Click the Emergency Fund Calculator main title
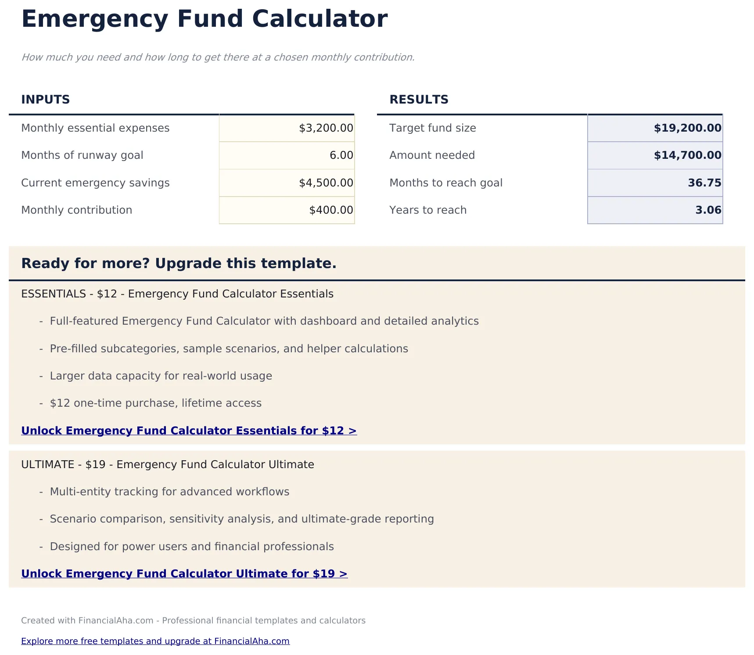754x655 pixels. pyautogui.click(x=204, y=19)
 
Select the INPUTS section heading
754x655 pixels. pyautogui.click(x=46, y=100)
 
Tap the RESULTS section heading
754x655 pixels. pyautogui.click(x=419, y=100)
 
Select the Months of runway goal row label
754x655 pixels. pyautogui.click(x=82, y=155)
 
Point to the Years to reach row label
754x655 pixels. pyautogui.click(x=428, y=210)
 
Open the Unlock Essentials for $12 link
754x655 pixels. pyautogui.click(x=189, y=431)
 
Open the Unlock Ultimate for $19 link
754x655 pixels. pyautogui.click(x=184, y=574)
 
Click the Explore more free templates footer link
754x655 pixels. pyautogui.click(x=155, y=641)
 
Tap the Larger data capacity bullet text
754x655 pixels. pyautogui.click(x=161, y=376)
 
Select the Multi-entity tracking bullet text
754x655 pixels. pyautogui.click(x=169, y=492)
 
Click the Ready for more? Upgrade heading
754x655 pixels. pyautogui.click(x=179, y=264)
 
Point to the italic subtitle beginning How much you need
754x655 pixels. pyautogui.click(x=218, y=57)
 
